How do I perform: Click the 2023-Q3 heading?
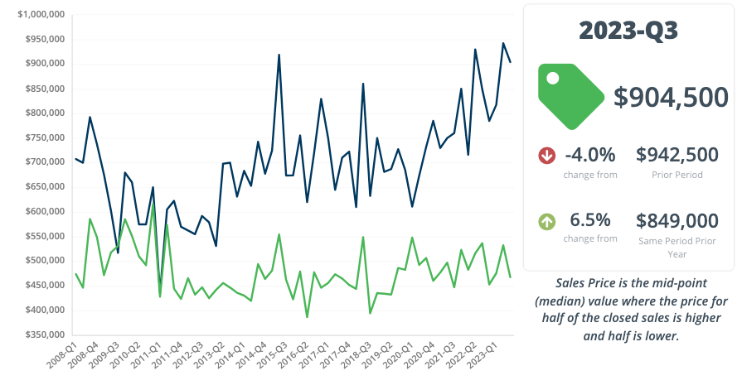pyautogui.click(x=628, y=31)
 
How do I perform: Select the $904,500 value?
pyautogui.click(x=671, y=97)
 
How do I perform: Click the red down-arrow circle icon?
pyautogui.click(x=546, y=155)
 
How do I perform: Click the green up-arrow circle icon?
pyautogui.click(x=546, y=221)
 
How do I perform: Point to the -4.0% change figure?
pyautogui.click(x=590, y=155)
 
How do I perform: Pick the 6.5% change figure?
pyautogui.click(x=590, y=220)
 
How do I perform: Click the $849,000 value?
pyautogui.click(x=677, y=220)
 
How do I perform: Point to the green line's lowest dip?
pyautogui.click(x=307, y=317)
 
